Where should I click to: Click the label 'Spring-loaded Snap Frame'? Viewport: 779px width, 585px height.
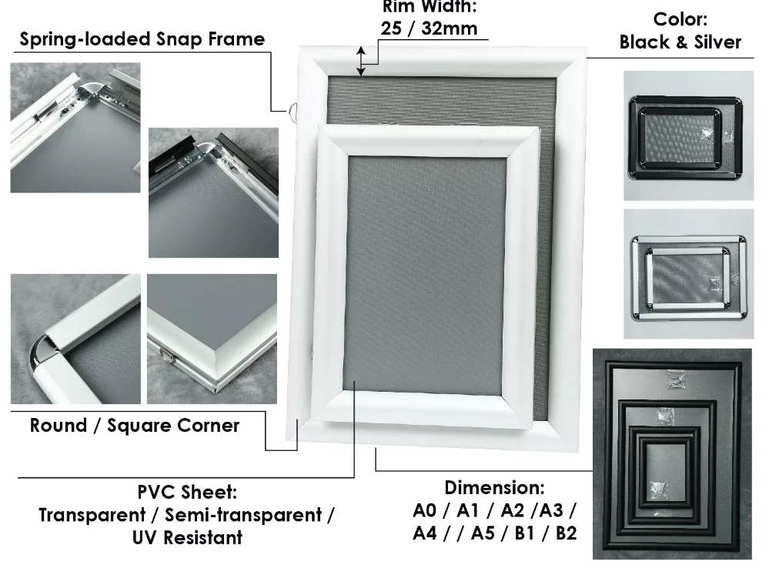(142, 39)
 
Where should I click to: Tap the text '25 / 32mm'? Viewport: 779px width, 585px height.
(429, 29)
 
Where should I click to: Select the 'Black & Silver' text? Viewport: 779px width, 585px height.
(680, 42)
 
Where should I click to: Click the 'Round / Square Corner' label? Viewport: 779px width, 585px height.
(135, 426)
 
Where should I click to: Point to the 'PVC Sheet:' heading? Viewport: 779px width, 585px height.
(187, 492)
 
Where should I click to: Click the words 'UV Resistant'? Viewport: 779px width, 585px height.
(187, 537)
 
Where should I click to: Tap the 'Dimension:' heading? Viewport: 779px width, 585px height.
(494, 488)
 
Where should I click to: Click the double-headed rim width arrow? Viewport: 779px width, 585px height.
(361, 62)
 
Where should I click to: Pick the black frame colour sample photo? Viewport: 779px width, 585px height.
(688, 135)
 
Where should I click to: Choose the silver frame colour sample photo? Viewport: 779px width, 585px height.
(688, 274)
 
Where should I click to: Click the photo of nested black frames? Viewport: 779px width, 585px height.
(671, 454)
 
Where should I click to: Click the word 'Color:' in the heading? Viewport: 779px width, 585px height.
(680, 19)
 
